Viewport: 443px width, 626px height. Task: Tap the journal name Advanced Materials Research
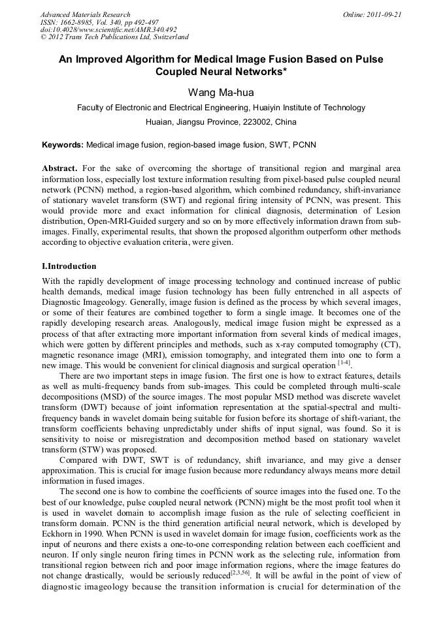[85, 14]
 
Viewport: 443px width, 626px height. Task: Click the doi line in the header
[108, 30]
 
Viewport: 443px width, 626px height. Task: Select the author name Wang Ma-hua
[221, 92]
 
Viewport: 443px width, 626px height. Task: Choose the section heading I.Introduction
[69, 266]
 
